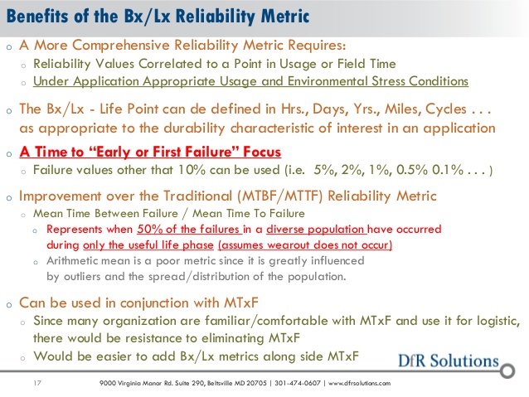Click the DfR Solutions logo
tap(449, 361)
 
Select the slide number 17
tap(37, 383)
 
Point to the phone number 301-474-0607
tap(297, 383)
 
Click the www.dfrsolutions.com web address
tap(359, 383)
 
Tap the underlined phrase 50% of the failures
tap(188, 229)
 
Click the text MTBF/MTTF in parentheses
tap(280, 196)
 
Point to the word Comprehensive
tap(121, 46)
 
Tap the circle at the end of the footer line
tap(507, 370)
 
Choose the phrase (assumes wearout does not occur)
tap(305, 244)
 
